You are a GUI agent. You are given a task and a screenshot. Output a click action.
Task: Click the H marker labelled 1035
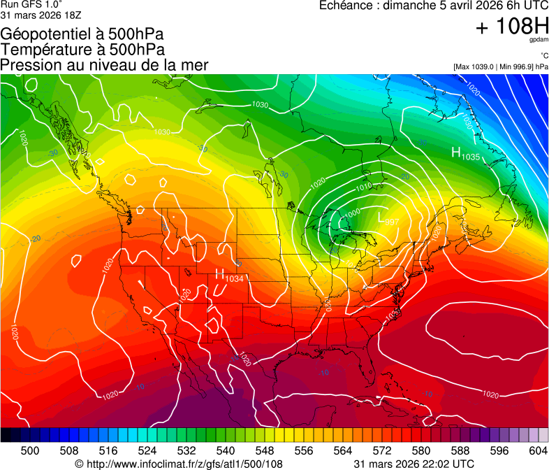click(x=455, y=153)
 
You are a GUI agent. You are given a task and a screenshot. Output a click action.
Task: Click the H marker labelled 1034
click(x=219, y=275)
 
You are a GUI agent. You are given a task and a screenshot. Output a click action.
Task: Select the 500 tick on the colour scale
click(x=30, y=450)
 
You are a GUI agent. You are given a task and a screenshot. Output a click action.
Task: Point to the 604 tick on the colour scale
click(x=537, y=450)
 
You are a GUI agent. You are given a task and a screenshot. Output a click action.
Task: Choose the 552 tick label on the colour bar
click(x=284, y=450)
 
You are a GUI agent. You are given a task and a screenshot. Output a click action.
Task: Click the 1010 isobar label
click(x=363, y=187)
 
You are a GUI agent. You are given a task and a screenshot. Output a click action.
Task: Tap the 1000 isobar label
click(x=353, y=212)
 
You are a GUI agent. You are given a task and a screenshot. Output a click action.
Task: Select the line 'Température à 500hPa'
click(x=82, y=50)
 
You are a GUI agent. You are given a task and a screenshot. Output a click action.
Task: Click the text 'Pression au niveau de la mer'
click(x=104, y=65)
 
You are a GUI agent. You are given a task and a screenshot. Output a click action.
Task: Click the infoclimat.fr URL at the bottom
click(x=178, y=464)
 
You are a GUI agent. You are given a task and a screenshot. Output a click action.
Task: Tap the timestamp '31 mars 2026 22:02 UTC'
click(x=414, y=464)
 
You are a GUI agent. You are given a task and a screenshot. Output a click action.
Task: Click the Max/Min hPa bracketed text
click(x=500, y=66)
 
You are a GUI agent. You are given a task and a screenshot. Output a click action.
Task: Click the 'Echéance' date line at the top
click(x=433, y=6)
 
